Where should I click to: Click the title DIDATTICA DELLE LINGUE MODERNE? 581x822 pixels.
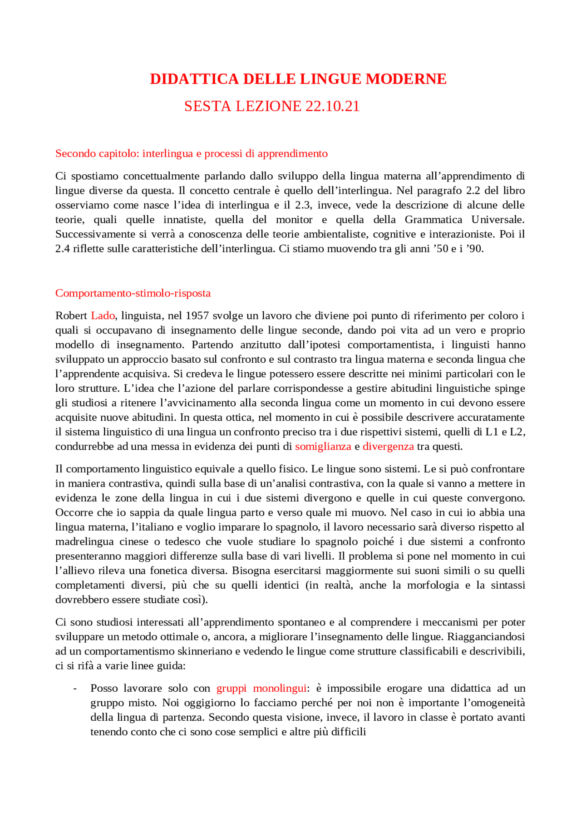tap(298, 79)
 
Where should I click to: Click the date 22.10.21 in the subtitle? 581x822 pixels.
tap(333, 106)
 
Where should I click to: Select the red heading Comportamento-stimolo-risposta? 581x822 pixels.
tap(133, 293)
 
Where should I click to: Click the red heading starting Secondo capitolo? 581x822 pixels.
tap(191, 153)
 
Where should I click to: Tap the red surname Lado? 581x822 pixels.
tap(103, 315)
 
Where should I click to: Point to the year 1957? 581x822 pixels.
tap(197, 315)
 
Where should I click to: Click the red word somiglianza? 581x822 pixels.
tap(323, 446)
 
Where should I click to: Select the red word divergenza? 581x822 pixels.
tap(388, 446)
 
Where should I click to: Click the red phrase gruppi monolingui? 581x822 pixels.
tap(261, 688)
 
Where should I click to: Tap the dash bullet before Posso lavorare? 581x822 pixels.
tap(75, 689)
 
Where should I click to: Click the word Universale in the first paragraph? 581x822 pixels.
tap(497, 220)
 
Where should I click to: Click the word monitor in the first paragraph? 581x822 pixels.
tap(294, 220)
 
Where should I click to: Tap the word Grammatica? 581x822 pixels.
tap(433, 220)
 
